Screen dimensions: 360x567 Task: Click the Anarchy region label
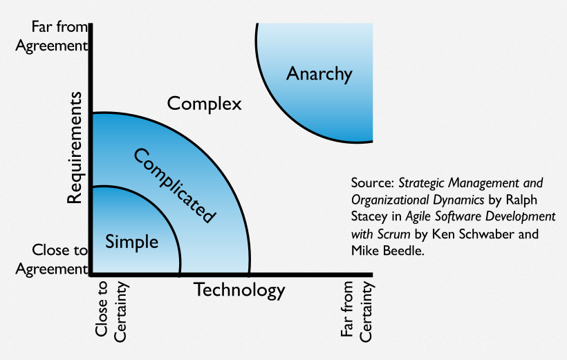(x=319, y=74)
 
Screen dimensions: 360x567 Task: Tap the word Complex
(x=205, y=104)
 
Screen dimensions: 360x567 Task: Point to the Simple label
(x=132, y=243)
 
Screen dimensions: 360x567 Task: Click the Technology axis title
(x=239, y=290)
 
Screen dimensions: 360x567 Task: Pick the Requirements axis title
(x=75, y=148)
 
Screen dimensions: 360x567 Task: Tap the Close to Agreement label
(x=60, y=259)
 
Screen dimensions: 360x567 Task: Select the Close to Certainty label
(x=111, y=311)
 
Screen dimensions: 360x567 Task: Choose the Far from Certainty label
(x=357, y=310)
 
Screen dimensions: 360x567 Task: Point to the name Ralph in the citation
(x=520, y=200)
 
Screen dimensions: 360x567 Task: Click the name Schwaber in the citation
(x=487, y=234)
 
